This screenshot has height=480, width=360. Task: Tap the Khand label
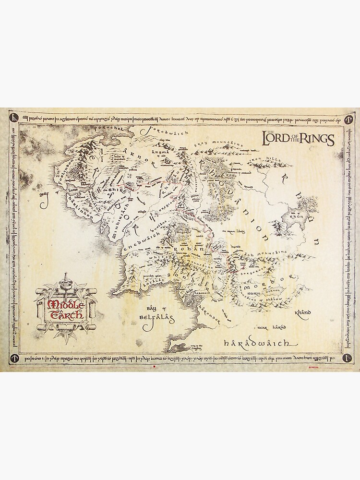(304, 312)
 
